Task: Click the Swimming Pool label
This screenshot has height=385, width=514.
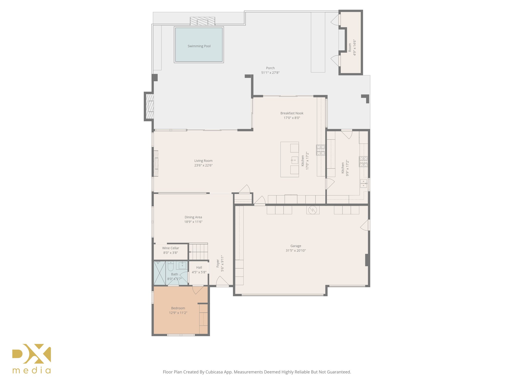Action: [x=199, y=46]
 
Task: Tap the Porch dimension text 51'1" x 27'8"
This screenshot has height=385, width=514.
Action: [x=270, y=73]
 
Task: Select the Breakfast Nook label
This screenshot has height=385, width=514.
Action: [x=292, y=113]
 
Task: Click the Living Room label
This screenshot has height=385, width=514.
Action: [x=203, y=161]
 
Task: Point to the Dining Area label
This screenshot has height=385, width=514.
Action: [x=193, y=217]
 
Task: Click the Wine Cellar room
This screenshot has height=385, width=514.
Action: [x=171, y=251]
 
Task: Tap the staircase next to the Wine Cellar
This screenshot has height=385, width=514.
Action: [x=198, y=252]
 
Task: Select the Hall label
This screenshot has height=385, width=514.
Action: [x=199, y=267]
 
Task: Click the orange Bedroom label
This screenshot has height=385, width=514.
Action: [x=178, y=308]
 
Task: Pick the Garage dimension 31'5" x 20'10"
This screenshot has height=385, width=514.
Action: [x=296, y=250]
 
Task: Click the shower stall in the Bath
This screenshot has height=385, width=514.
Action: [x=159, y=273]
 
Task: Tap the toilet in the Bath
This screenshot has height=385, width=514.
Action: [x=171, y=266]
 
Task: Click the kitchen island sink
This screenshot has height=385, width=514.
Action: [x=295, y=160]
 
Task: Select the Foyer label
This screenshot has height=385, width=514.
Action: [x=218, y=263]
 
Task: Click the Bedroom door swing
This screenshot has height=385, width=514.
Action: [x=197, y=290]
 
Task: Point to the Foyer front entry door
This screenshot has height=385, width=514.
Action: [x=222, y=281]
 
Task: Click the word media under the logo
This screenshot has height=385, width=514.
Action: [x=32, y=370]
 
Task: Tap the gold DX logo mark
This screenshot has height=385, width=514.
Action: [x=32, y=353]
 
